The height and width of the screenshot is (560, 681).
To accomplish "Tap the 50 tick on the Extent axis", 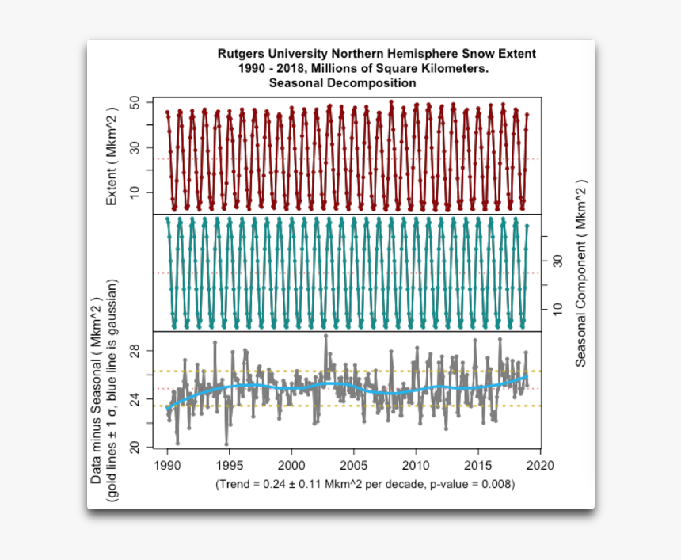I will tap(135, 103).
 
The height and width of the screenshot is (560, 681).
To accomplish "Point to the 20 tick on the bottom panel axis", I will tap(135, 448).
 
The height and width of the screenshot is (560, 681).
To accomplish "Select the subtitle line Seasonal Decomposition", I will tap(342, 82).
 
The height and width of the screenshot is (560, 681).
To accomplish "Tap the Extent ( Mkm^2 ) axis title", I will tap(112, 157).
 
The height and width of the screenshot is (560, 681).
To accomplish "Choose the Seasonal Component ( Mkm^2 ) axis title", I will tap(580, 272).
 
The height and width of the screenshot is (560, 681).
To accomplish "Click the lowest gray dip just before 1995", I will tap(226, 444).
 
